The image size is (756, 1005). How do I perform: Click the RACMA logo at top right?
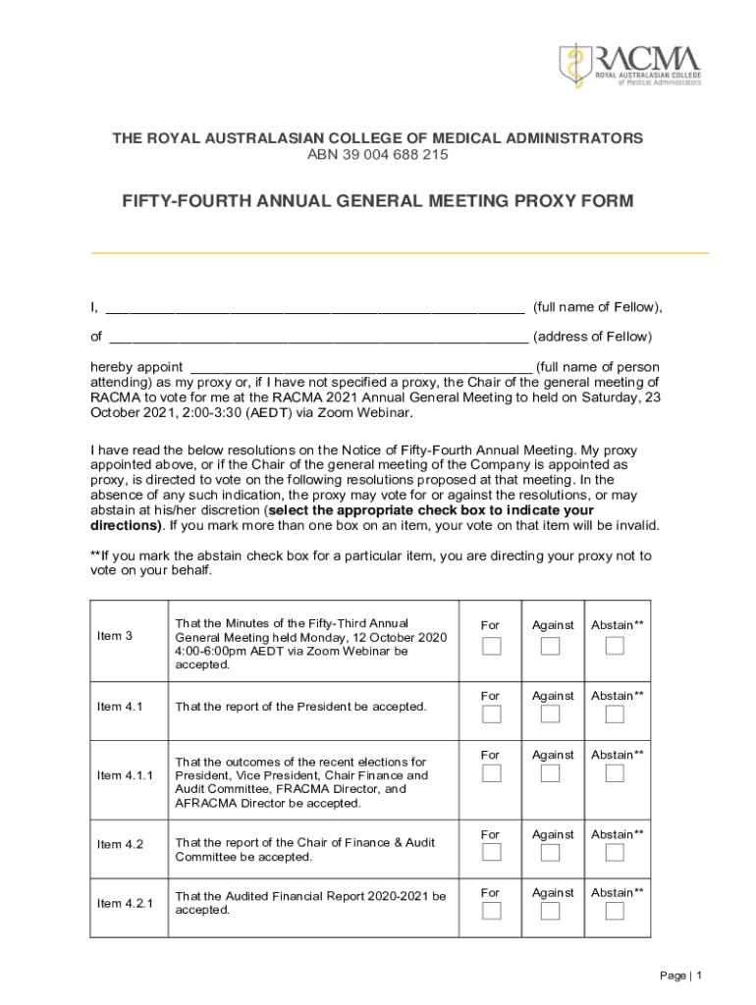(630, 65)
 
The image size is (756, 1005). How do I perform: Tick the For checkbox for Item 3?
(491, 646)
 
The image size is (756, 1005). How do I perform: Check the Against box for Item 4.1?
(551, 714)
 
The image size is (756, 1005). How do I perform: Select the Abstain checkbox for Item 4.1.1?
(615, 773)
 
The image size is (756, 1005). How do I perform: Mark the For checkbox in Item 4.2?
(491, 853)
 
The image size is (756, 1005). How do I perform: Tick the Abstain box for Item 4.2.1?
(615, 911)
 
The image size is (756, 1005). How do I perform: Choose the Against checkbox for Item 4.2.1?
(551, 911)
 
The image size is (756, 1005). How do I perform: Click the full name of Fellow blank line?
(314, 308)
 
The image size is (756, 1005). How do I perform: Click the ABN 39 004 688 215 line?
(378, 155)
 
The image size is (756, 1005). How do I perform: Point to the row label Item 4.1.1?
(126, 776)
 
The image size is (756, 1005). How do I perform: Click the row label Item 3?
(115, 636)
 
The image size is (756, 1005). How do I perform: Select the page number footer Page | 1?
(681, 976)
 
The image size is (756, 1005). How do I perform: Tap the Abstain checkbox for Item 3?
(615, 646)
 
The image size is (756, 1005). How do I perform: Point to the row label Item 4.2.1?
(126, 903)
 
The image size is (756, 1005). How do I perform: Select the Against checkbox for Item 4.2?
(551, 853)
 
